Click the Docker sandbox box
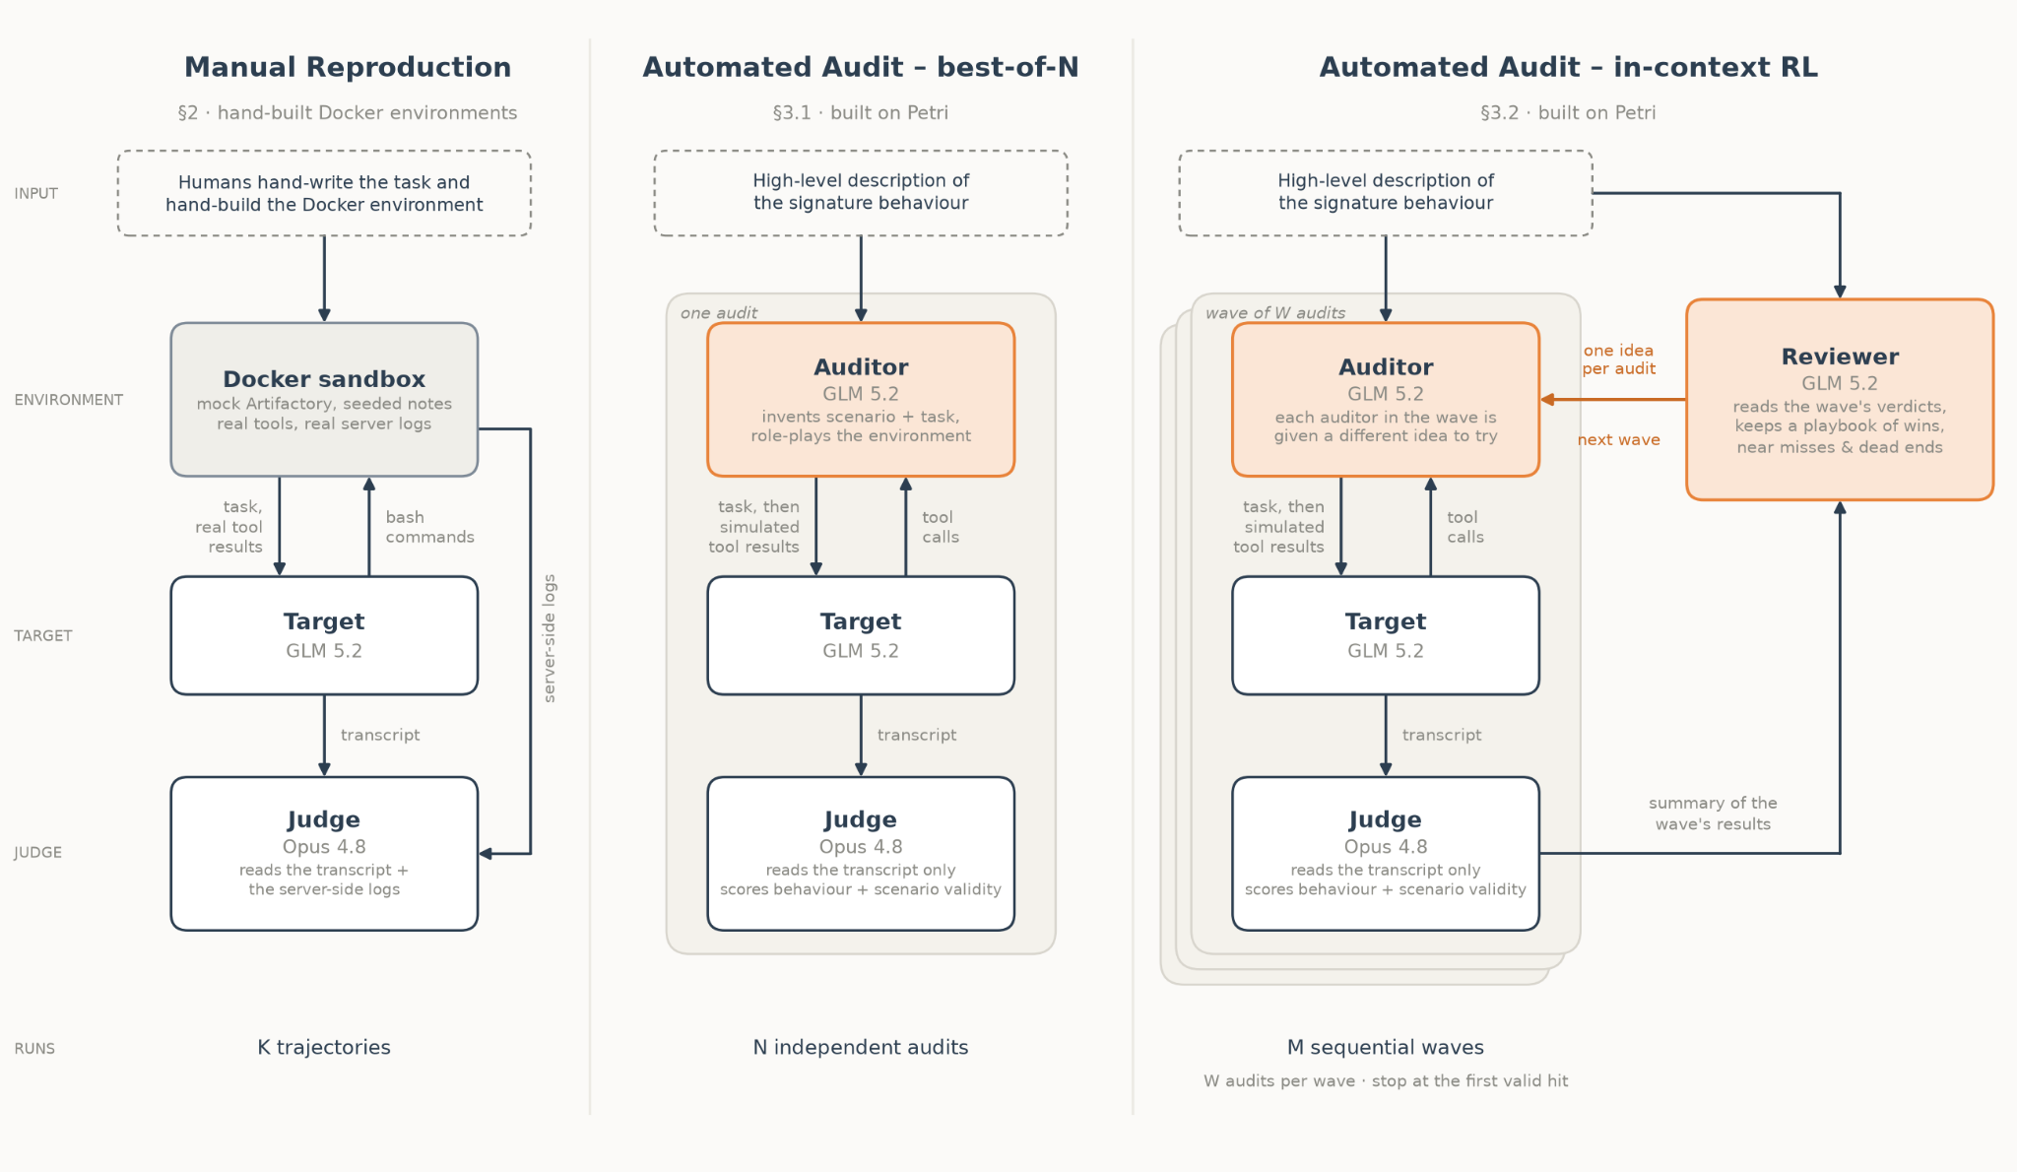tap(324, 400)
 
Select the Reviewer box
tap(1840, 400)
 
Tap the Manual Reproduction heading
tap(348, 67)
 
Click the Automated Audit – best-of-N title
tap(861, 67)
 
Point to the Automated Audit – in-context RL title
tap(1568, 67)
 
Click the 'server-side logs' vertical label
tap(550, 638)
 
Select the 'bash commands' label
tap(429, 527)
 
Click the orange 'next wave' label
tap(1619, 440)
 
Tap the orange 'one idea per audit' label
tap(1619, 359)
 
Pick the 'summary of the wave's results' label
tap(1713, 814)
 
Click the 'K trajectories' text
tap(324, 1047)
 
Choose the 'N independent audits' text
tap(861, 1047)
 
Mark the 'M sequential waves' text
tap(1386, 1047)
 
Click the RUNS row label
tap(34, 1049)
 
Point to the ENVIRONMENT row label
tap(69, 400)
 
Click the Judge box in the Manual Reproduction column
tap(324, 854)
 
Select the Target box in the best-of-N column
tap(861, 635)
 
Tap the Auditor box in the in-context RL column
tap(1386, 400)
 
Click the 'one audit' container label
tap(719, 313)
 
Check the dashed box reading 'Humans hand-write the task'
tap(324, 193)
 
